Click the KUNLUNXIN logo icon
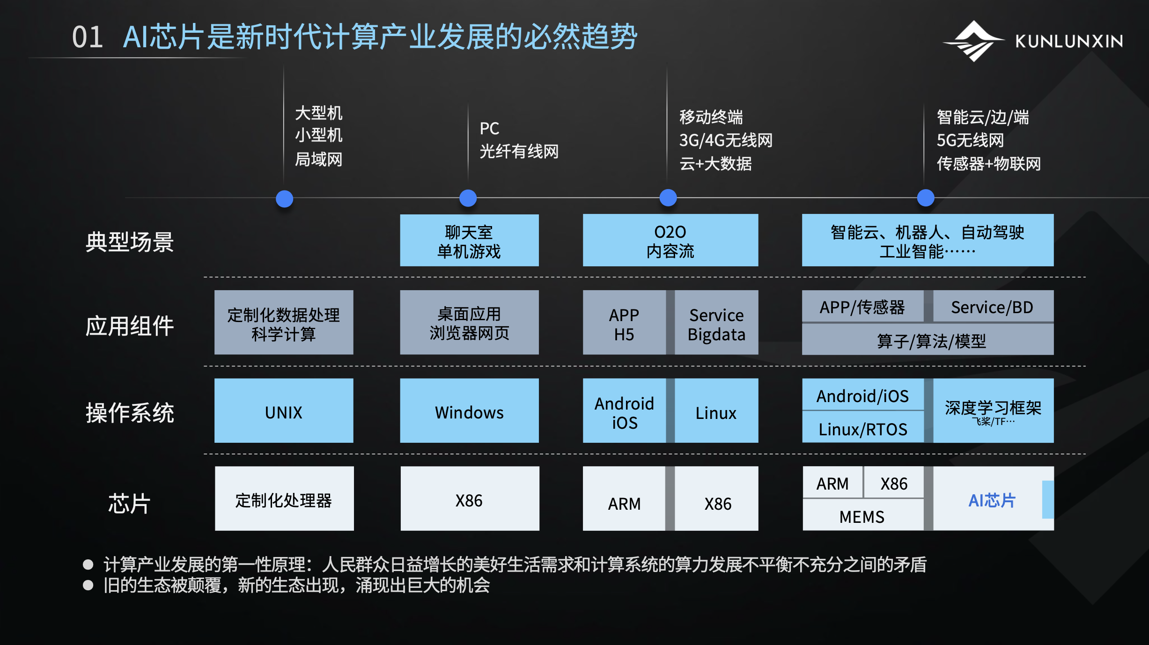click(x=974, y=41)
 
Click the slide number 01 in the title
click(x=88, y=37)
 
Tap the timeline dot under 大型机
click(x=285, y=198)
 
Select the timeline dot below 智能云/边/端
click(x=926, y=198)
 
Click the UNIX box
click(x=284, y=410)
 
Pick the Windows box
click(x=470, y=410)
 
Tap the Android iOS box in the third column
click(x=624, y=410)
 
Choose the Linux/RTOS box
click(x=863, y=428)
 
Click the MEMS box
click(x=863, y=515)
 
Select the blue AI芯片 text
click(x=992, y=500)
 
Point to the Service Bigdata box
click(x=716, y=322)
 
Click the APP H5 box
click(x=624, y=322)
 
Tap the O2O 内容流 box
click(x=670, y=240)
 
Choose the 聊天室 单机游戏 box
click(x=470, y=240)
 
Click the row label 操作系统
click(x=130, y=413)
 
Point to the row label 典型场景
click(x=130, y=242)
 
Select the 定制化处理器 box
click(x=284, y=498)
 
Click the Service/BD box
click(x=993, y=306)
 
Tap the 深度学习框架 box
click(x=993, y=410)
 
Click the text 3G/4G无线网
click(x=726, y=140)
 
